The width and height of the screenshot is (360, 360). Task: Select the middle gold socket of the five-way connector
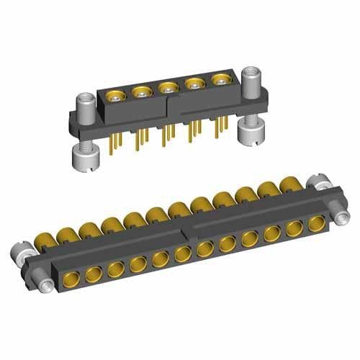tap(168, 88)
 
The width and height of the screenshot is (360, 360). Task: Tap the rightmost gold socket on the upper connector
tap(220, 79)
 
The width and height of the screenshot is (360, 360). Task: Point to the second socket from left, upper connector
tap(142, 91)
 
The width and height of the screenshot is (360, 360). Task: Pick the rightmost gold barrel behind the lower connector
tap(291, 184)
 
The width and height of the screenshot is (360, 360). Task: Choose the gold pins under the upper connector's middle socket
tap(169, 134)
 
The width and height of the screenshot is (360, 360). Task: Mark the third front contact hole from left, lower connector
tap(115, 268)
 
